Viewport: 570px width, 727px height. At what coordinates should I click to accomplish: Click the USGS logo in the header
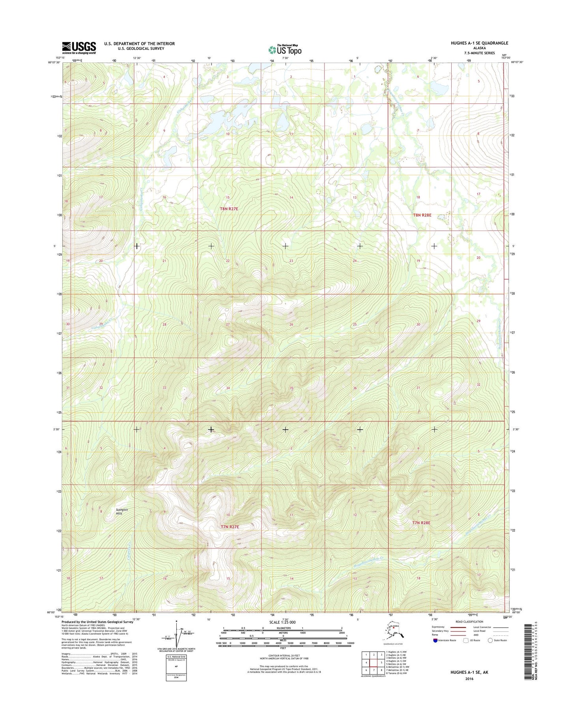tap(78, 48)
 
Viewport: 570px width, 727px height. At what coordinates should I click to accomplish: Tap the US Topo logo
tap(285, 50)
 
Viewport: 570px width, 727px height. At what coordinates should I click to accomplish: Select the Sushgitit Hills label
tap(119, 512)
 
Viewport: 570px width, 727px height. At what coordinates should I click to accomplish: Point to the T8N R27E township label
tap(229, 208)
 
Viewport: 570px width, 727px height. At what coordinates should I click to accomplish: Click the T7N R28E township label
tap(421, 523)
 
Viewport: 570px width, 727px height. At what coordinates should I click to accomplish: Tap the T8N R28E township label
tap(422, 215)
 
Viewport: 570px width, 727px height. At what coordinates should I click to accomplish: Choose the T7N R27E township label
tap(230, 527)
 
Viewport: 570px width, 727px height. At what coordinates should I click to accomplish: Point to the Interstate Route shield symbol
tap(435, 640)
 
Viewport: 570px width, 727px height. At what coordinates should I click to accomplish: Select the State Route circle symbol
tap(491, 640)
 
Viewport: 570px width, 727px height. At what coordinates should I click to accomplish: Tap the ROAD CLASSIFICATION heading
tap(469, 622)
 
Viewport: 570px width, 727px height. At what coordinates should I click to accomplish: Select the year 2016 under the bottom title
tap(469, 679)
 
